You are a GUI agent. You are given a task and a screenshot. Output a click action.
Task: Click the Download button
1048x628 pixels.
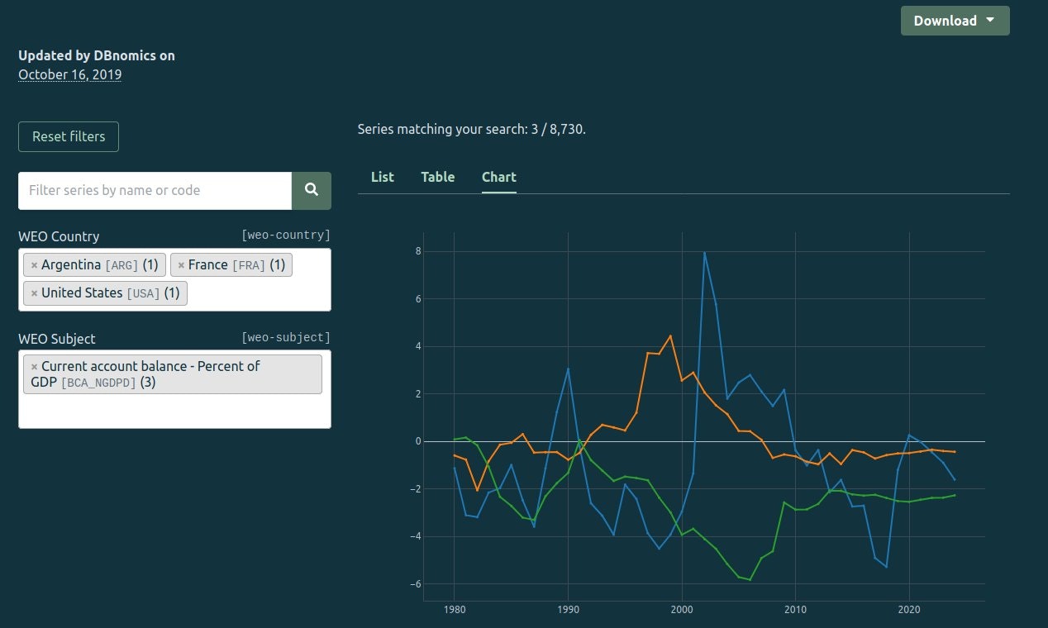pyautogui.click(x=955, y=21)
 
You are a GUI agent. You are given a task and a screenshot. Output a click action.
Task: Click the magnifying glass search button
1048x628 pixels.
pyautogui.click(x=312, y=190)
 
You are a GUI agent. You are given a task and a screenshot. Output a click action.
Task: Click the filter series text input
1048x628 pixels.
pyautogui.click(x=155, y=190)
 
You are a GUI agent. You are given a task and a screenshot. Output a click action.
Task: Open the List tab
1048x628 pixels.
pyautogui.click(x=383, y=177)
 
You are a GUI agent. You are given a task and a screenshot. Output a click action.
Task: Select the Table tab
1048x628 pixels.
pyautogui.click(x=438, y=177)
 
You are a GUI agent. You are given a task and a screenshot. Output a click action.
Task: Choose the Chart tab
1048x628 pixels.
pyautogui.click(x=499, y=177)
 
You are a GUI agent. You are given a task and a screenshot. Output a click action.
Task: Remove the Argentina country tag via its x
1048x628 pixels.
pyautogui.click(x=34, y=265)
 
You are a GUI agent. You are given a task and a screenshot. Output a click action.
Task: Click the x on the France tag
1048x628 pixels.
pyautogui.click(x=181, y=265)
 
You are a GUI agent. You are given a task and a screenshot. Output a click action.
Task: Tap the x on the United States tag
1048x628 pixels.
pyautogui.click(x=34, y=293)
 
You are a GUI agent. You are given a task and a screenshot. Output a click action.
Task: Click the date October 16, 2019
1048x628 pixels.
pyautogui.click(x=70, y=74)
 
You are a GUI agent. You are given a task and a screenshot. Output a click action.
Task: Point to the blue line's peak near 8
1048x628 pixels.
pyautogui.click(x=704, y=252)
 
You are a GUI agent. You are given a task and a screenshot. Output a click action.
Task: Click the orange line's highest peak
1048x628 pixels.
pyautogui.click(x=670, y=335)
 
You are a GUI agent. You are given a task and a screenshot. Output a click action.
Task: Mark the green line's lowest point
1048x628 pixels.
pyautogui.click(x=750, y=580)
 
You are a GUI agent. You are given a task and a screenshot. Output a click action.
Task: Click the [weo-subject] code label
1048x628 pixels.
pyautogui.click(x=286, y=337)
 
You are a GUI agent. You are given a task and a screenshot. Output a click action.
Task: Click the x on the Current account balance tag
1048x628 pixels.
pyautogui.click(x=34, y=367)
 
